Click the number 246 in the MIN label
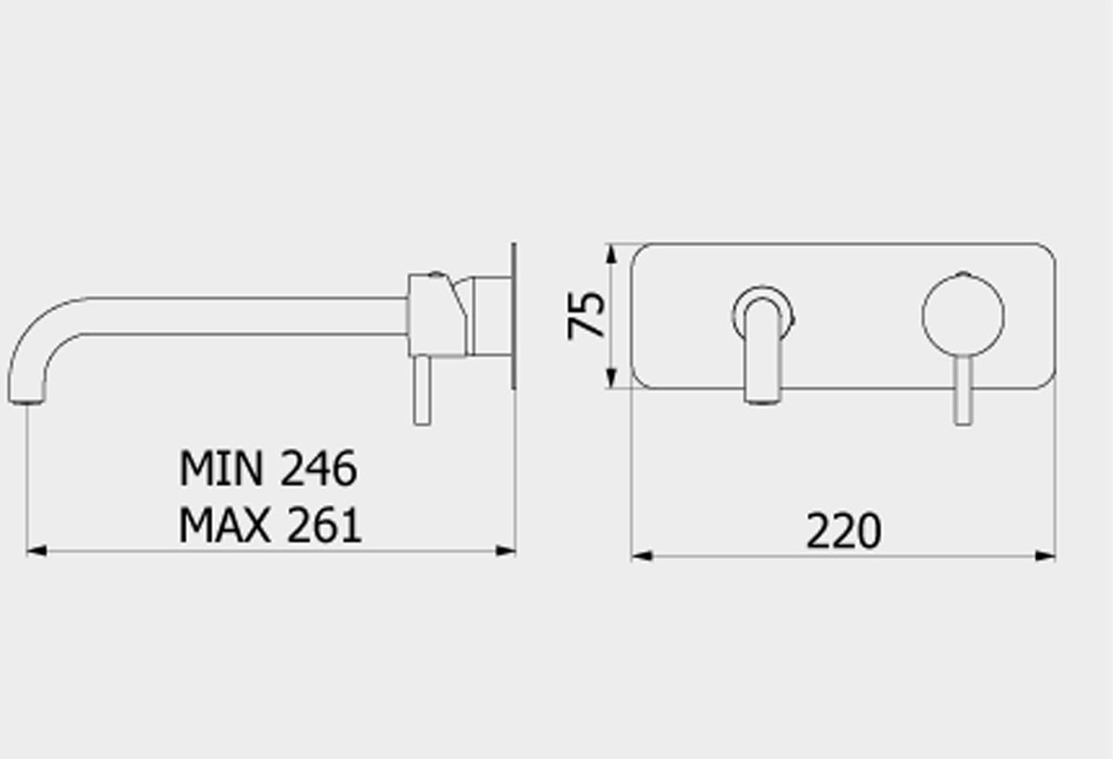click(x=318, y=468)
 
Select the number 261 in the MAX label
click(x=323, y=527)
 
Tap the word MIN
click(x=223, y=468)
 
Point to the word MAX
click(x=224, y=527)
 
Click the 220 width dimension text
click(x=843, y=531)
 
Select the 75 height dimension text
click(x=587, y=315)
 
